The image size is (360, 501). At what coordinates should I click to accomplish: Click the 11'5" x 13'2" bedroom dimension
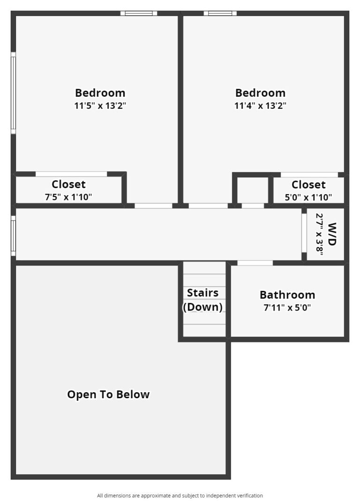coord(100,106)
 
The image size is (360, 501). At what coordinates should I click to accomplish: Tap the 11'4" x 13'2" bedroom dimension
coord(260,106)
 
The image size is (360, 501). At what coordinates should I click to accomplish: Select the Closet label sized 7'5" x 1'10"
coord(68,184)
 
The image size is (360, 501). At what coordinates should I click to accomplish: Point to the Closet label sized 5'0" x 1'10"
coord(308,185)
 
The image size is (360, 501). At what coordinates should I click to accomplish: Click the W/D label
coord(332,234)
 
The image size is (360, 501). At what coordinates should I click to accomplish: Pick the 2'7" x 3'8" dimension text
coord(320,234)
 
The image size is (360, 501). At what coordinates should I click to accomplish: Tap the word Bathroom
coord(287,295)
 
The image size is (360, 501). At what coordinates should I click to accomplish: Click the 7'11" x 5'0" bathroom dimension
coord(287,307)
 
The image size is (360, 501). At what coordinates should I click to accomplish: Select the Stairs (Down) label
coord(202,300)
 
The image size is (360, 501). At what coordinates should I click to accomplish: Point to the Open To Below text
coord(108,395)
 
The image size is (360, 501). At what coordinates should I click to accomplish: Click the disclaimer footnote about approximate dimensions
coord(180,495)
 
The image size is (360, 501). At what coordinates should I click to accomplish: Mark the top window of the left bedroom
coord(139,13)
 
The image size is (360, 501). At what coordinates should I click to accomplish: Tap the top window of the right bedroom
coord(220,13)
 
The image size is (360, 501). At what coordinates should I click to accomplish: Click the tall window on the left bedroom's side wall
coord(14,93)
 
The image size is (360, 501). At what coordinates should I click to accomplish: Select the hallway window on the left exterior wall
coord(14,236)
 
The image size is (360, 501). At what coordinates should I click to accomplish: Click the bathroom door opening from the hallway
coord(255,263)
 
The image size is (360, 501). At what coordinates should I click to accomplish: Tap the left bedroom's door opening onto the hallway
coord(153,206)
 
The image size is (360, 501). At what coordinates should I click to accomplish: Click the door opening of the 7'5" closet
coord(71,174)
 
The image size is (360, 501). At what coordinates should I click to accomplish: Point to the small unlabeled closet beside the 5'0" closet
coord(253,189)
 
